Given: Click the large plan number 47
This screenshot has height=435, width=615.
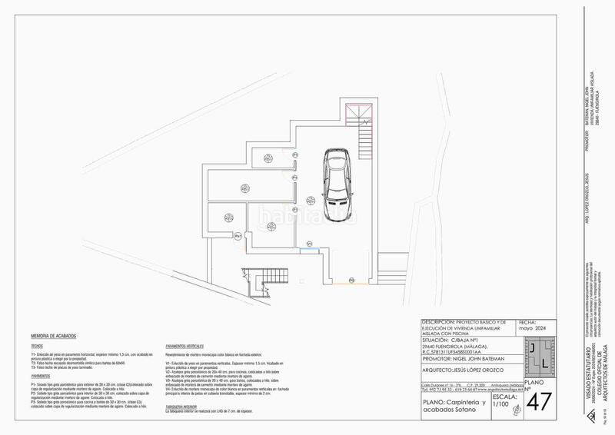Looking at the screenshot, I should tap(540, 401).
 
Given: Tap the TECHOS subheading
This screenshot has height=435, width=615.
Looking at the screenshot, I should tap(38, 346).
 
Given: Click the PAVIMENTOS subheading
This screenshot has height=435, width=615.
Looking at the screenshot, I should tap(42, 377).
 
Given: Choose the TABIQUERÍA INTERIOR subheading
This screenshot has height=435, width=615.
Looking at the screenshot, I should tap(185, 408).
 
